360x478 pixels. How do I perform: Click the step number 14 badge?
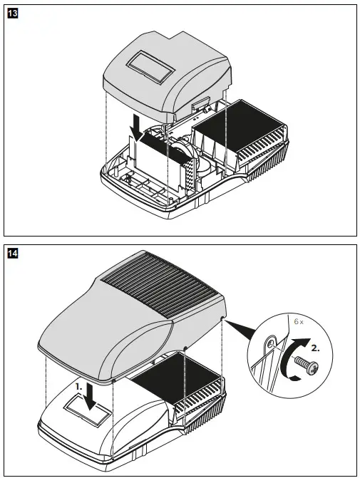11,254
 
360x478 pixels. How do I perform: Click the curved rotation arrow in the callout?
287,363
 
